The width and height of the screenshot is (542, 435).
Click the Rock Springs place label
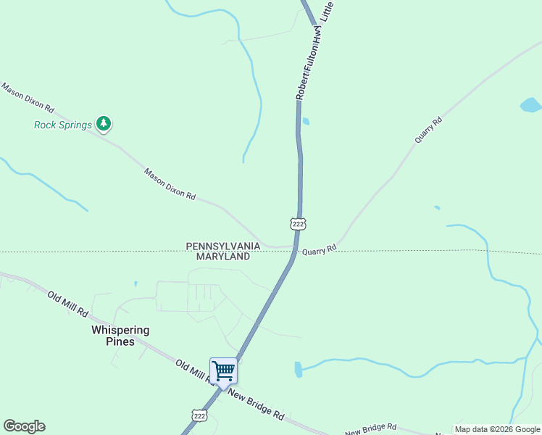[x=63, y=125]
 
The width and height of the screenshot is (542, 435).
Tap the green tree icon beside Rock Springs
[x=104, y=124]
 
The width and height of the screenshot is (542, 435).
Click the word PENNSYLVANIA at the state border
[x=222, y=246]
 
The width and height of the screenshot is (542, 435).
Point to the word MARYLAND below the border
[x=223, y=256]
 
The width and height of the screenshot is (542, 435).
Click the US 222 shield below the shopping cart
[x=200, y=415]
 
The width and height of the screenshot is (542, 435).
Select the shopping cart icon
[x=223, y=370]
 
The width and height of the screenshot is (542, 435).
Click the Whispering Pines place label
[x=120, y=335]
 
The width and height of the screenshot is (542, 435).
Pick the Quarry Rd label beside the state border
[x=320, y=249]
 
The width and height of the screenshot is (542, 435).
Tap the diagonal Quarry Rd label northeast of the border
[x=428, y=128]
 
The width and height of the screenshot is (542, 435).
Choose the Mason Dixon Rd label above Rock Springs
[x=28, y=98]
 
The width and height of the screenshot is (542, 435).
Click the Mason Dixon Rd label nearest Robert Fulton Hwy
[x=170, y=184]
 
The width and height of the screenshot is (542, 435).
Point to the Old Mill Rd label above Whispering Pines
[x=67, y=304]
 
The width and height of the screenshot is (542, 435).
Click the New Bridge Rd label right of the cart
[x=255, y=404]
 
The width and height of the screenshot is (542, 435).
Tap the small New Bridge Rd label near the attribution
[x=370, y=430]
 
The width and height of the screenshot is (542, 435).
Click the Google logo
[x=24, y=426]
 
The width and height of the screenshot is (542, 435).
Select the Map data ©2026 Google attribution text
[x=497, y=429]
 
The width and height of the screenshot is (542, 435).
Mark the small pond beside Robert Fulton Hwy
[x=305, y=121]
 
